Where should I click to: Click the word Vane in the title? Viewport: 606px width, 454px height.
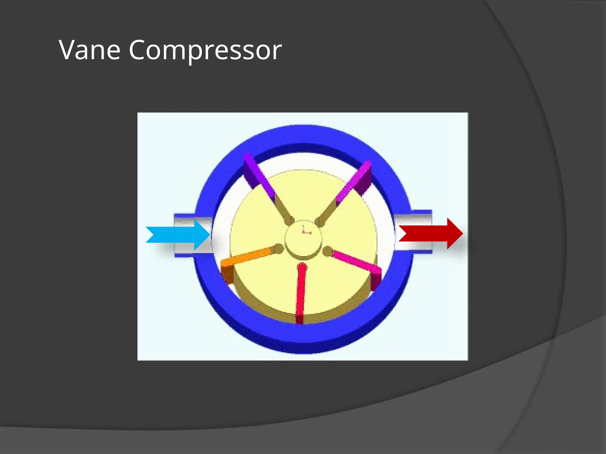(90, 50)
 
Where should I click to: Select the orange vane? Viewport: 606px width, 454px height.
(246, 257)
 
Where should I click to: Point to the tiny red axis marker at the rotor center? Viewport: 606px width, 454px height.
(305, 231)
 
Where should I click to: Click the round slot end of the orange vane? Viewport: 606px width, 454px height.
(278, 249)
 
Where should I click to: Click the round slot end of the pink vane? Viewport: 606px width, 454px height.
(328, 251)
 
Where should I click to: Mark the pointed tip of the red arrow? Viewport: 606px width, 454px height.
(462, 234)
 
